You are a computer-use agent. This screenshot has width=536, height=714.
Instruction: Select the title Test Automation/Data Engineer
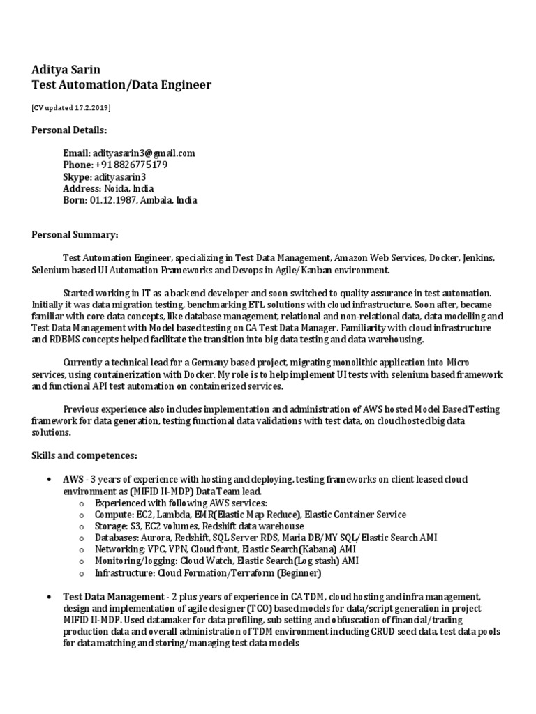pos(121,85)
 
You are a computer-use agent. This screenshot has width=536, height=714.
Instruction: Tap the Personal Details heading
pos(69,130)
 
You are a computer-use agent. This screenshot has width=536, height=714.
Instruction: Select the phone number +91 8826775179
pos(131,165)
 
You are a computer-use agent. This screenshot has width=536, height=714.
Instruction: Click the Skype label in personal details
pos(77,177)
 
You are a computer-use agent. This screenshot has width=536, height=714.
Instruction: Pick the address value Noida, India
pos(129,188)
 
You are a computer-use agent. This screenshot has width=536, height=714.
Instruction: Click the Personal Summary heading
pos(75,235)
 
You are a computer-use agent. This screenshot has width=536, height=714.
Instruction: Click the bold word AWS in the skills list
pos(73,480)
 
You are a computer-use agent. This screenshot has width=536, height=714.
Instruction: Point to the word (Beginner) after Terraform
pos(299,573)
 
